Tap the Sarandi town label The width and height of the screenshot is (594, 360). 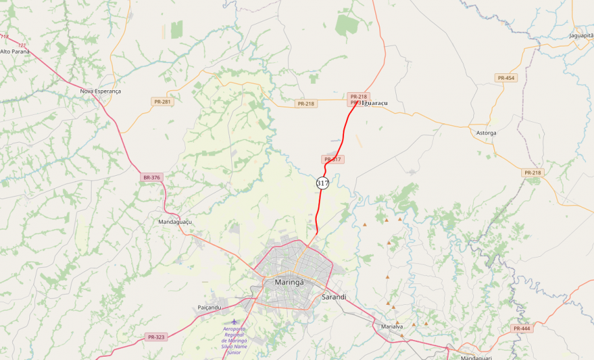coord(334,297)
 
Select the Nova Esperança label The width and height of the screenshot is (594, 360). coord(101,91)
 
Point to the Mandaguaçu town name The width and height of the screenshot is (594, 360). coord(175,222)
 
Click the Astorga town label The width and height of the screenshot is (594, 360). coord(486,133)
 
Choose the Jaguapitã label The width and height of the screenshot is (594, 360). coord(581,35)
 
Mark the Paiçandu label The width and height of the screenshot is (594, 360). coord(210,307)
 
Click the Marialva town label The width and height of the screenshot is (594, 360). coord(392,326)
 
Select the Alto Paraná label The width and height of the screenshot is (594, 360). coord(15,51)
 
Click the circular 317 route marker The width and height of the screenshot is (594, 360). coord(323,183)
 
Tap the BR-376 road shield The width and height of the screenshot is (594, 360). coord(151,177)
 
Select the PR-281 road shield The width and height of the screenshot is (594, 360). coord(162,102)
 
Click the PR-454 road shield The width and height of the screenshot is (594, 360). coord(506,78)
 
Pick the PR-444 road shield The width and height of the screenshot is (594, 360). coord(521,329)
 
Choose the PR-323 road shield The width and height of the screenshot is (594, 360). coord(156,337)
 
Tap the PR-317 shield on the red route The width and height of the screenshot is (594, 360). coord(332,159)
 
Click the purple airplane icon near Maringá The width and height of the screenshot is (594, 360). coord(234,322)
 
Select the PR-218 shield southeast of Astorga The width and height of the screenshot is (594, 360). coord(532,173)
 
